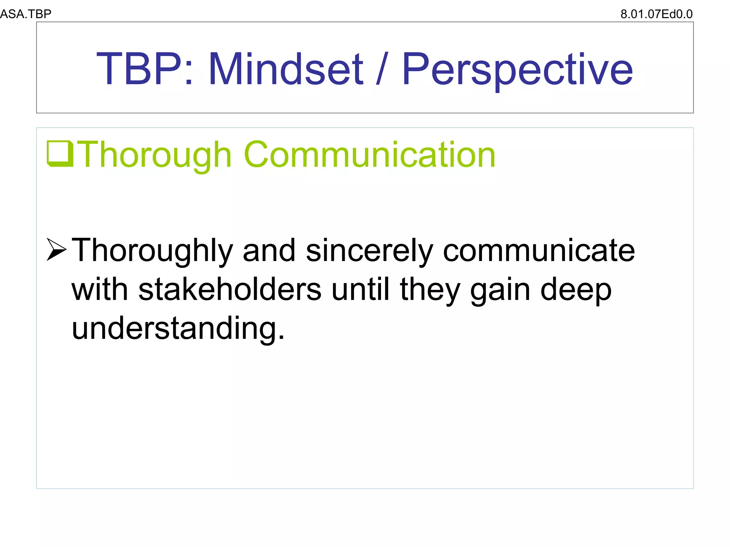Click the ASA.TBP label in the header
point(26,14)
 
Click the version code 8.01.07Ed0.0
point(656,14)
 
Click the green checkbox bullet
point(60,154)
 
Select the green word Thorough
point(154,155)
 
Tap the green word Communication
point(370,155)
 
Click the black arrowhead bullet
point(56,250)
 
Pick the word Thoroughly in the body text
point(153,251)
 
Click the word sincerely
point(369,251)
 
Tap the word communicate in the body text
point(539,251)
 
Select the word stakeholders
point(230,289)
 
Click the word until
point(360,289)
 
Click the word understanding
point(178,328)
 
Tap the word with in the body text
point(100,289)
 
